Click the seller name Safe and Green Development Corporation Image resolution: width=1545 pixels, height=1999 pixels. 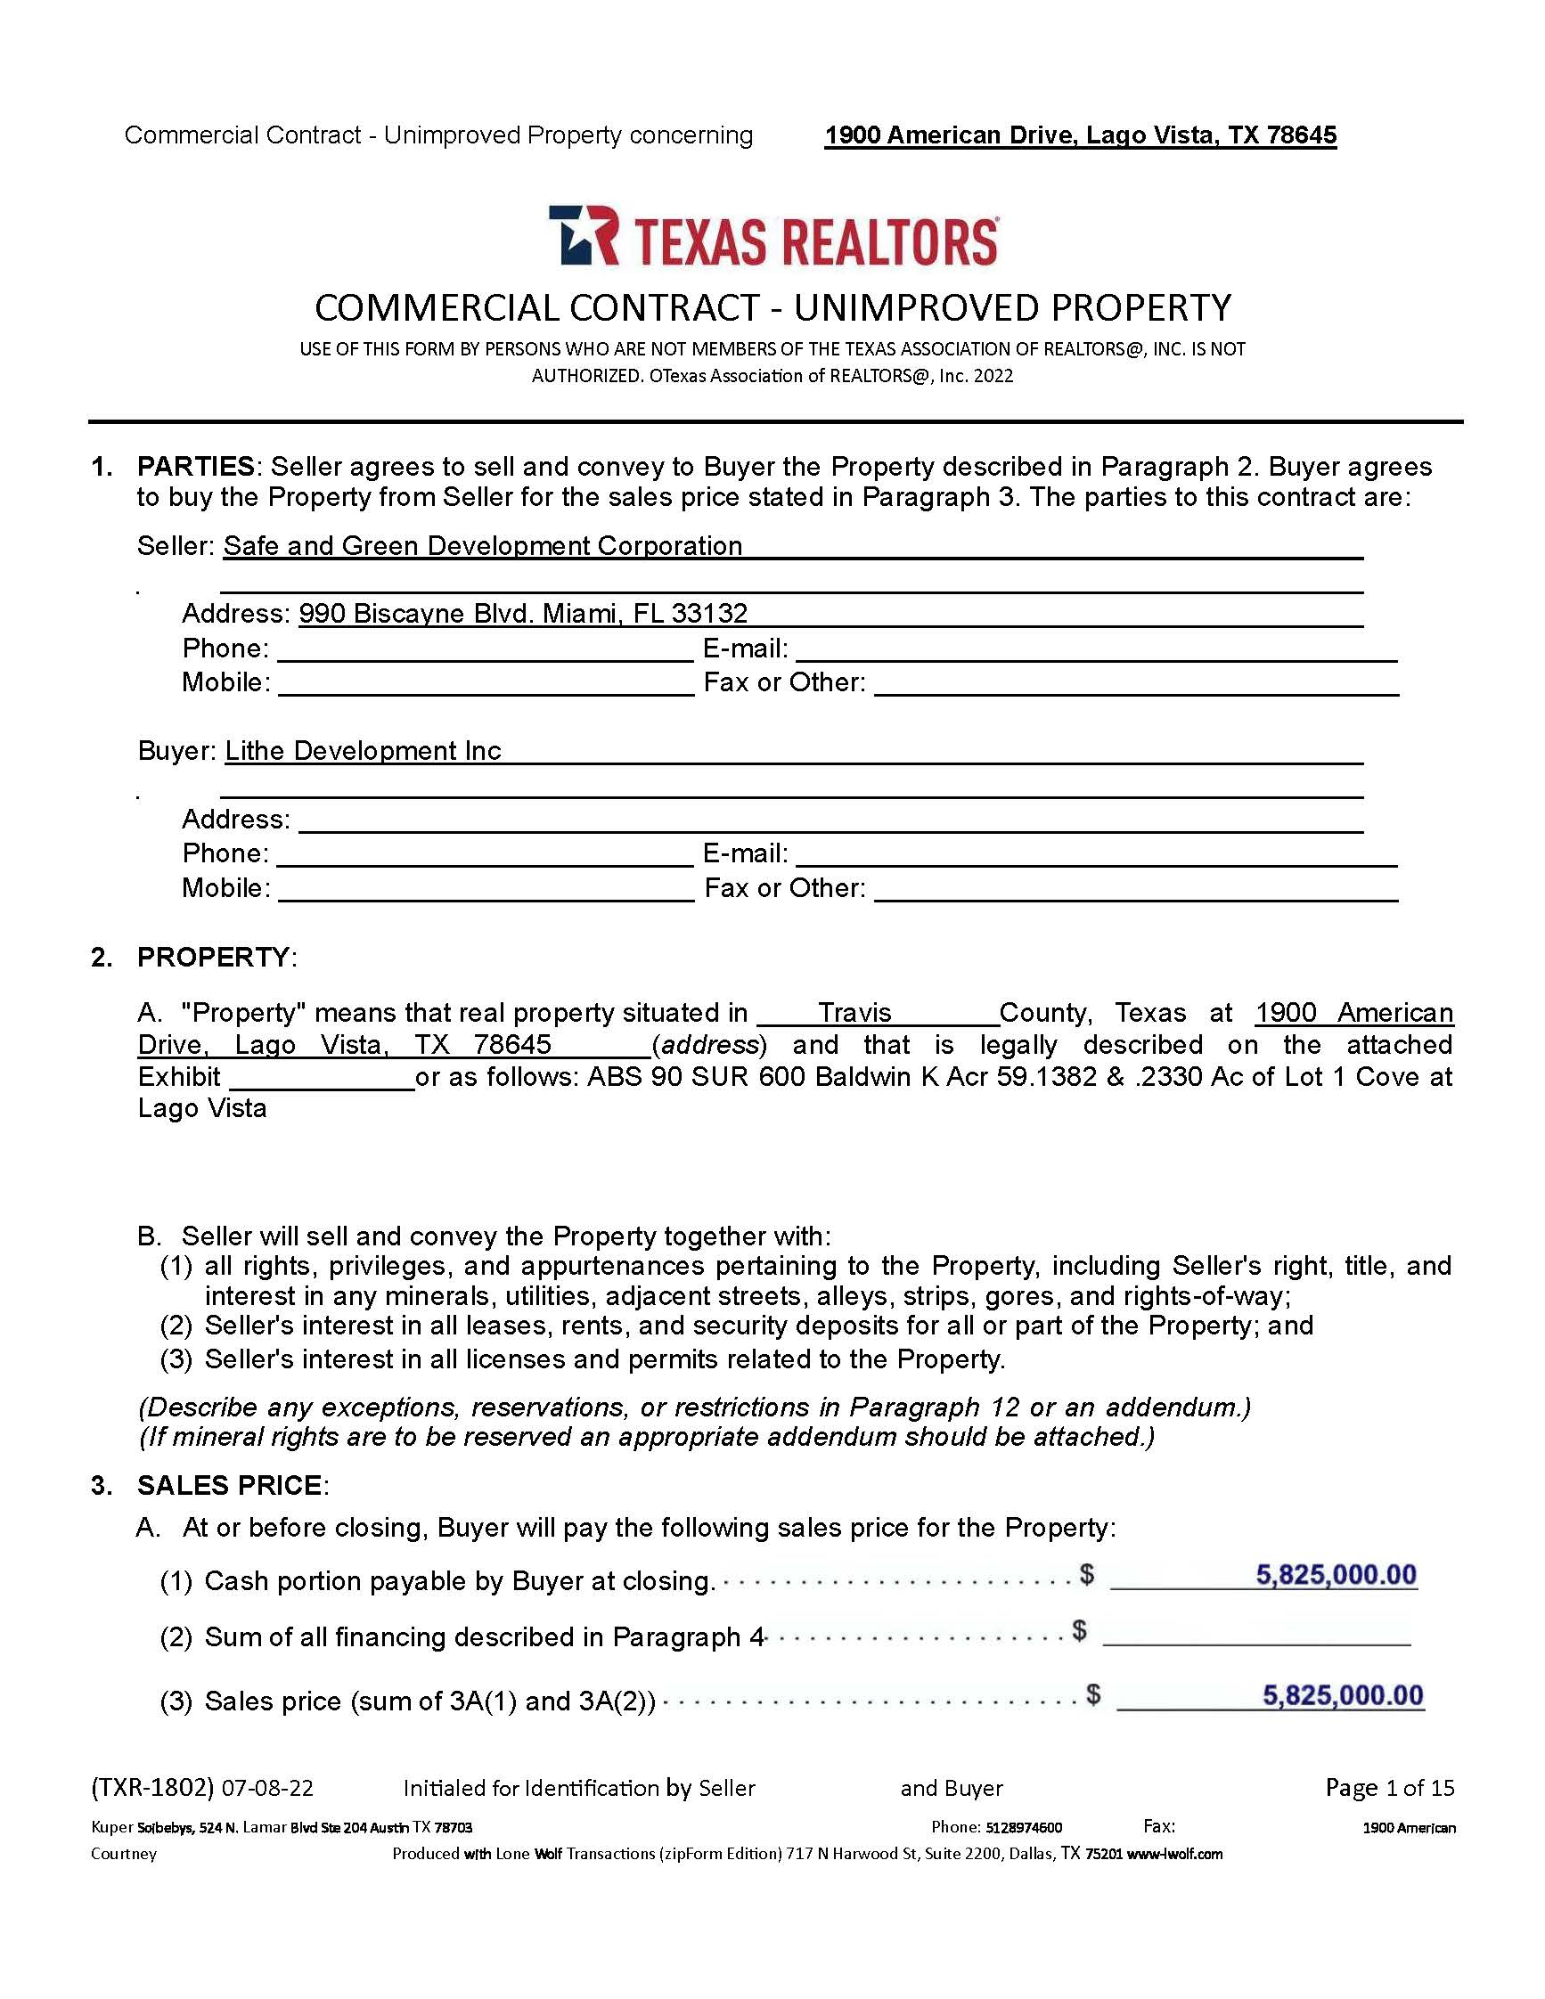pyautogui.click(x=482, y=546)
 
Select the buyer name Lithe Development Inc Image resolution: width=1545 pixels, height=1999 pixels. pyautogui.click(x=363, y=752)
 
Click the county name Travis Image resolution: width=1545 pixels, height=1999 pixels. pyautogui.click(x=854, y=1013)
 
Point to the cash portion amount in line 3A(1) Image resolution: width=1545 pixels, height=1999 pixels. pyautogui.click(x=1336, y=1575)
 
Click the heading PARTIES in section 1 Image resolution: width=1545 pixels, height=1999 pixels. pyautogui.click(x=195, y=467)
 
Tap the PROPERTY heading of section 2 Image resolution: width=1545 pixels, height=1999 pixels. pyautogui.click(x=212, y=958)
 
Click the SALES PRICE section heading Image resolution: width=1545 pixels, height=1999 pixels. pyautogui.click(x=229, y=1486)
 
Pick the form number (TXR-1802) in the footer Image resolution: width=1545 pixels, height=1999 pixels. pyautogui.click(x=152, y=1788)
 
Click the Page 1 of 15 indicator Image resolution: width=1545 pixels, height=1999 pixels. pyautogui.click(x=1389, y=1788)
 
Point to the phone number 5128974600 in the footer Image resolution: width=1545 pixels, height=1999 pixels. pyautogui.click(x=1022, y=1828)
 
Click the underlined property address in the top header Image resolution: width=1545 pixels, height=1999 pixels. pyautogui.click(x=1080, y=135)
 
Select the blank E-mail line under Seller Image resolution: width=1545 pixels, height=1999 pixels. pyautogui.click(x=1096, y=650)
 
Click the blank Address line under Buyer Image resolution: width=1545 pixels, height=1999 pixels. pyautogui.click(x=830, y=820)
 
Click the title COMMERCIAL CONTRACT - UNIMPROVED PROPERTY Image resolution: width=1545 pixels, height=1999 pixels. pyautogui.click(x=772, y=307)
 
